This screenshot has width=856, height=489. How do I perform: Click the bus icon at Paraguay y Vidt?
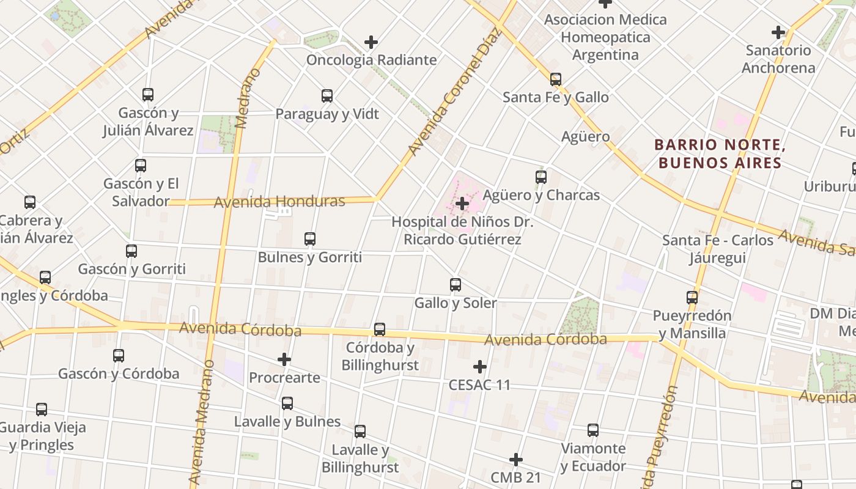click(327, 96)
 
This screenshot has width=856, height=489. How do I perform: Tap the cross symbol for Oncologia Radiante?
click(371, 42)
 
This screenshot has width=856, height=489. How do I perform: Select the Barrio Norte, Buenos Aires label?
click(719, 154)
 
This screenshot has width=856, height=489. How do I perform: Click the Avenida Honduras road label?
click(279, 201)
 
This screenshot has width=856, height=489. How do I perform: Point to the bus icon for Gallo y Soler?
click(456, 285)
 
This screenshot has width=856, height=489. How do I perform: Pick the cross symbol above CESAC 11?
click(480, 367)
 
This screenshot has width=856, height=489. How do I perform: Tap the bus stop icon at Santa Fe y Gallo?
click(556, 79)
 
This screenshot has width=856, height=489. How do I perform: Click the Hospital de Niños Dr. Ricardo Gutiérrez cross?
click(462, 204)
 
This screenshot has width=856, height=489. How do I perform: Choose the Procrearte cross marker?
click(284, 359)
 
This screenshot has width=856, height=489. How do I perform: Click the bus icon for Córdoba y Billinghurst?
click(380, 329)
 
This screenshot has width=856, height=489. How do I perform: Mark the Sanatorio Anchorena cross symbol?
click(778, 32)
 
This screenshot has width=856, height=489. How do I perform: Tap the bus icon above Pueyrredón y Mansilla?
click(692, 298)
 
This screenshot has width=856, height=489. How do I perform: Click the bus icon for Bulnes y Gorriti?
click(310, 239)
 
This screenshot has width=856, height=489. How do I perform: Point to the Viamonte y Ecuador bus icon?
click(593, 430)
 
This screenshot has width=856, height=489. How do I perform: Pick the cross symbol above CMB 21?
click(516, 460)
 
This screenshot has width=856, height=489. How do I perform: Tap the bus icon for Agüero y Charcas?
click(541, 177)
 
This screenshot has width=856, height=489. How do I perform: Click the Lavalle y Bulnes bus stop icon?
click(287, 403)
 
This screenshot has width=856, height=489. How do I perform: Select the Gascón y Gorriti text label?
click(131, 269)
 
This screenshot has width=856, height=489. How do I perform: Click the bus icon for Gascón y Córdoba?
click(119, 356)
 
